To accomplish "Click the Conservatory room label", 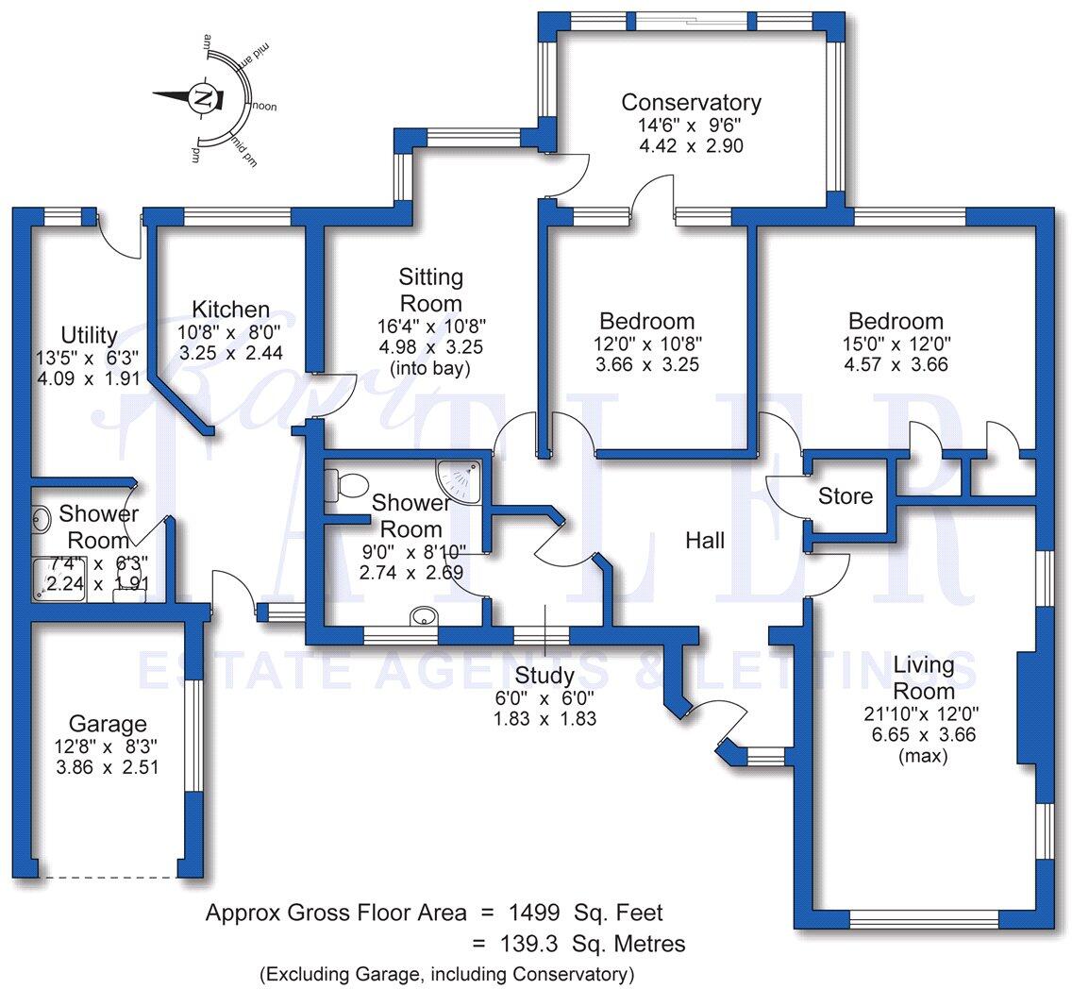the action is point(691,102).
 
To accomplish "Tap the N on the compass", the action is point(203,96).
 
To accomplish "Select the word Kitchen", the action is point(231,310).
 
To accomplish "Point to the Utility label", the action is point(89,335).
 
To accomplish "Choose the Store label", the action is point(846,496).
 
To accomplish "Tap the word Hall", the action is point(705,540).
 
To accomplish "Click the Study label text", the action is point(545,676).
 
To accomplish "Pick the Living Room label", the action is point(924,679).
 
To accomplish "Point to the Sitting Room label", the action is point(430,290).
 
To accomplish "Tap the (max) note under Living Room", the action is point(925,756).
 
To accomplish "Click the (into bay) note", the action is point(429,369).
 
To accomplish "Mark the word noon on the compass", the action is point(264,107).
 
